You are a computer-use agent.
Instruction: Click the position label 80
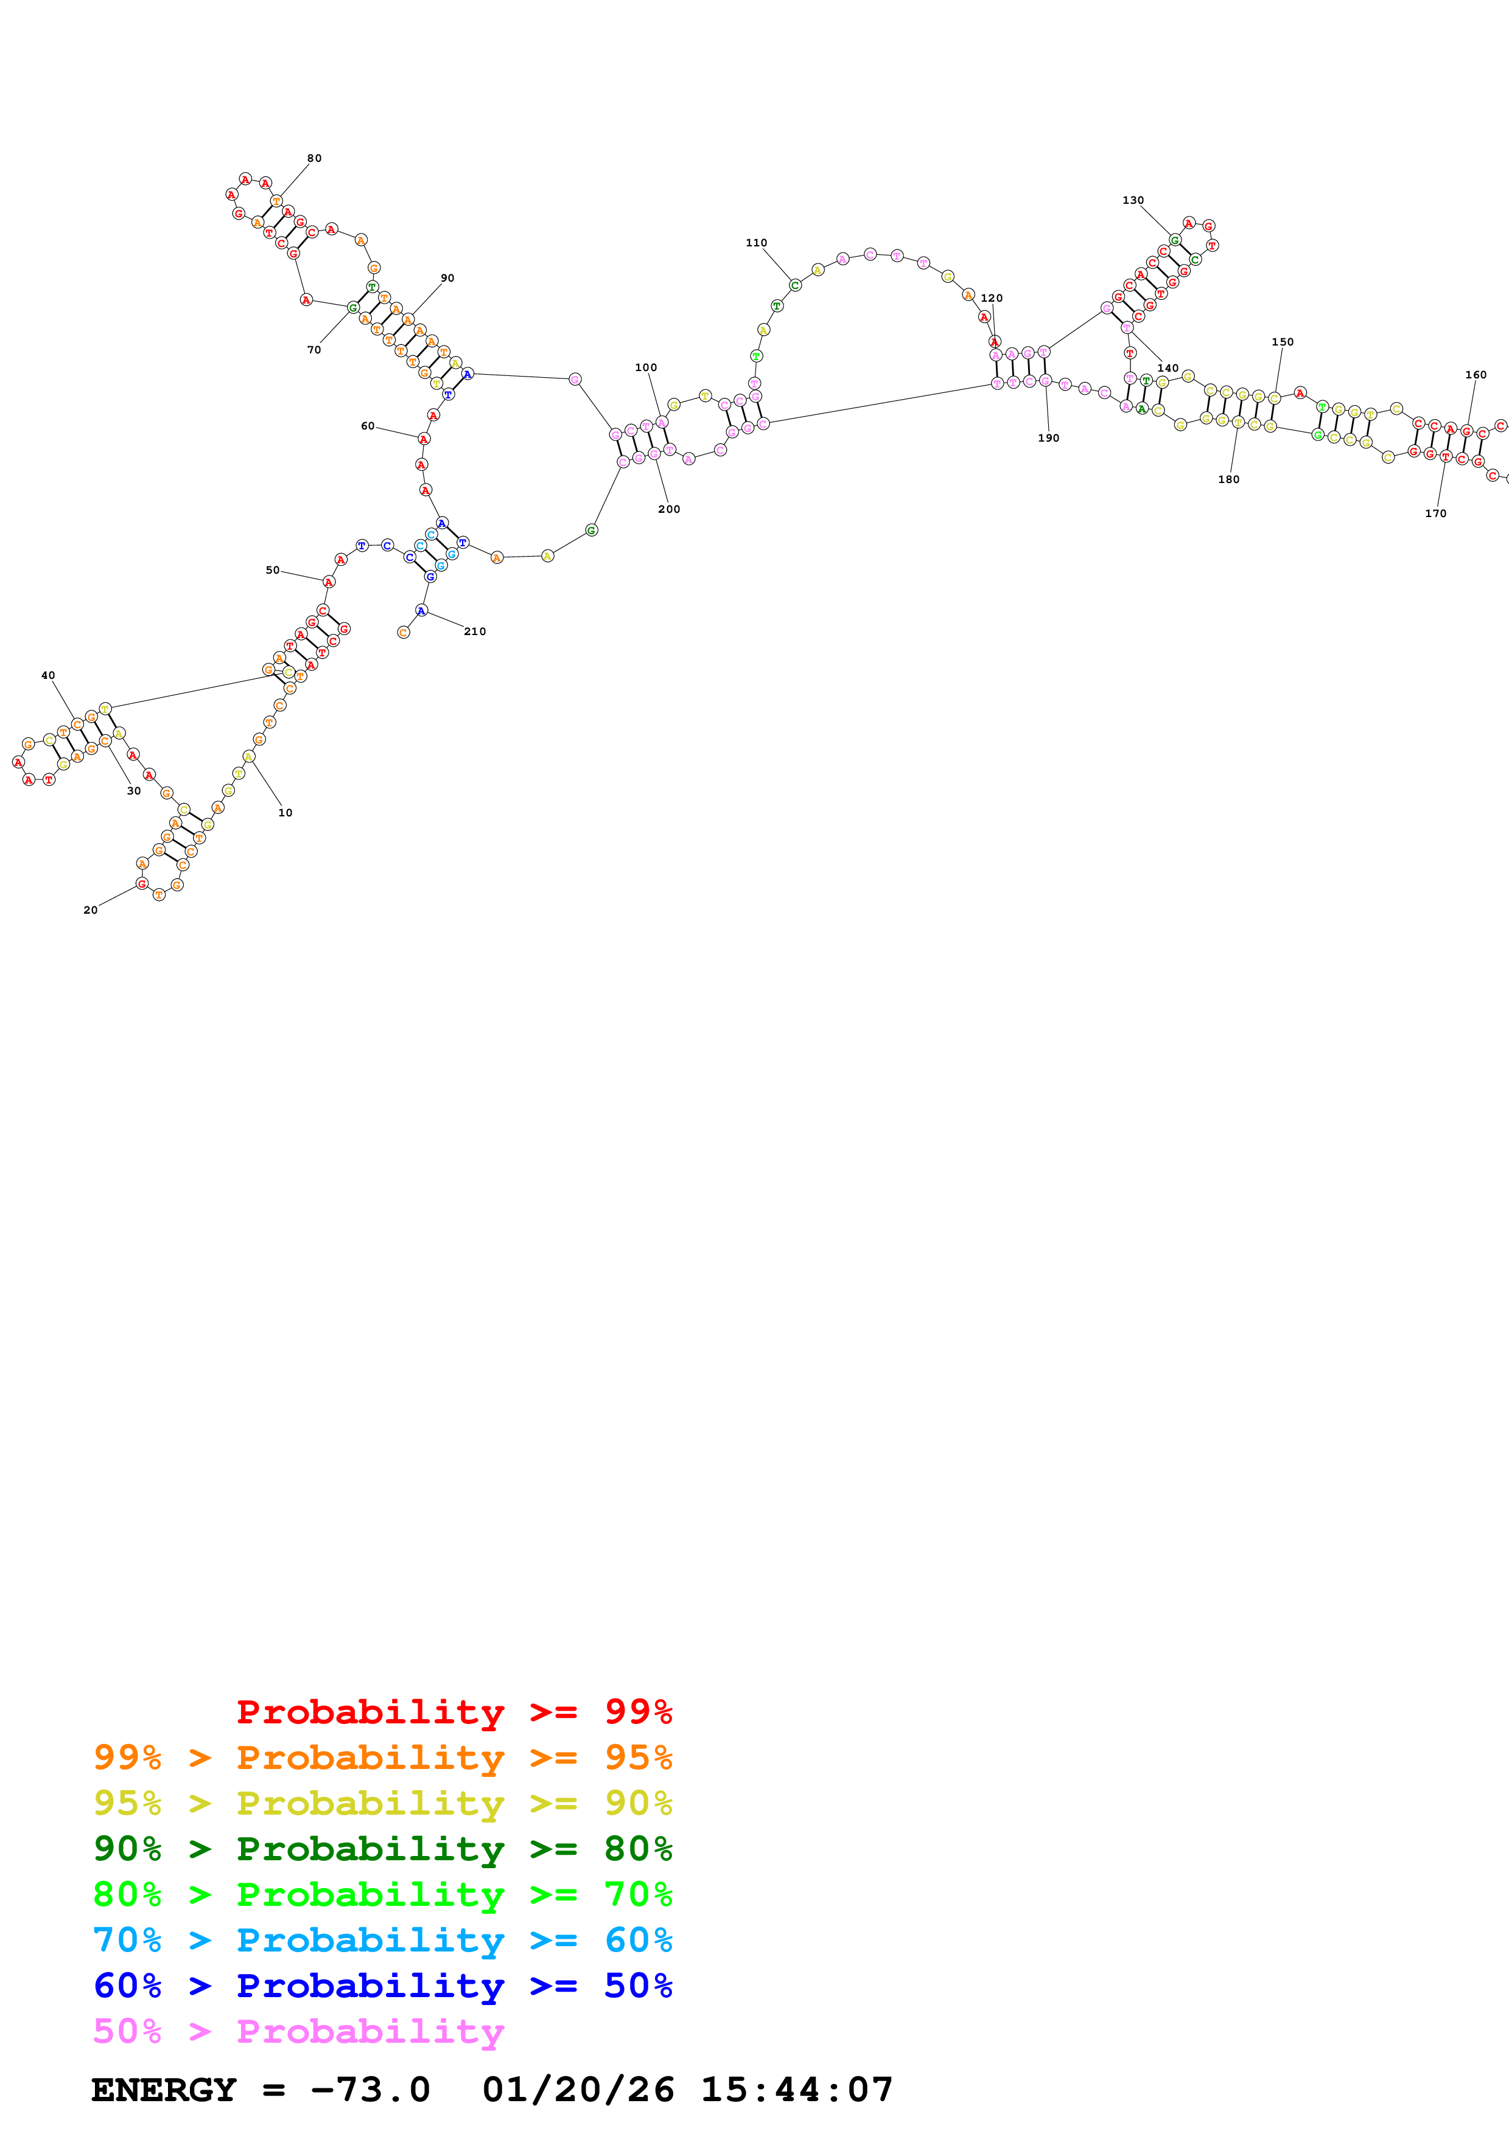(x=314, y=158)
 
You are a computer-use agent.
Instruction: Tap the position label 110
(x=756, y=243)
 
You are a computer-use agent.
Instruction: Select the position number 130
(x=1132, y=200)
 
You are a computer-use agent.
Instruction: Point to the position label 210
(x=475, y=631)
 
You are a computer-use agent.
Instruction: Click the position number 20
(x=90, y=910)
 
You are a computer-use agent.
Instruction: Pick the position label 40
(x=48, y=676)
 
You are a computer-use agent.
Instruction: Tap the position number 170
(x=1435, y=513)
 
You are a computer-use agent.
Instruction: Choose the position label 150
(x=1282, y=342)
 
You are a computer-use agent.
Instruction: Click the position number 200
(x=668, y=509)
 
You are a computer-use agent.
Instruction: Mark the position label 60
(x=367, y=426)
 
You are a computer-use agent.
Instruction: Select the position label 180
(x=1228, y=479)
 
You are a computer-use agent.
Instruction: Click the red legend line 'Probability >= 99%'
(x=453, y=1711)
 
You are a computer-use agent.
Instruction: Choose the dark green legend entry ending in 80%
(x=382, y=1849)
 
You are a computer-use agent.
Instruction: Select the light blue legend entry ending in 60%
(x=382, y=1940)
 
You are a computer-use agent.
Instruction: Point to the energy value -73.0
(x=370, y=2090)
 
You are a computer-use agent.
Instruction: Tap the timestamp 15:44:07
(x=796, y=2090)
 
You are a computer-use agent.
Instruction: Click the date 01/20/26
(x=578, y=2090)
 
